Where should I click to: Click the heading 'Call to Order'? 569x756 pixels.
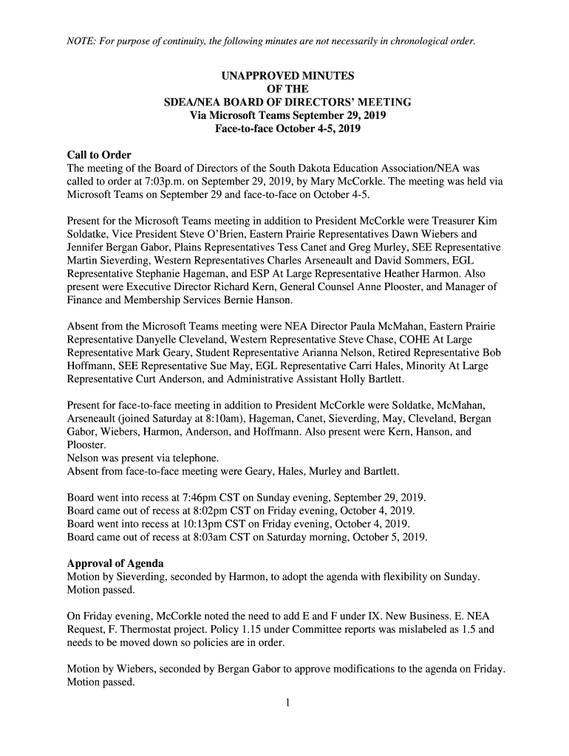point(99,155)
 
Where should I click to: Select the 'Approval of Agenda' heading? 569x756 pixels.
point(113,563)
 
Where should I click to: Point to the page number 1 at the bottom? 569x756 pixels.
point(287,703)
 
